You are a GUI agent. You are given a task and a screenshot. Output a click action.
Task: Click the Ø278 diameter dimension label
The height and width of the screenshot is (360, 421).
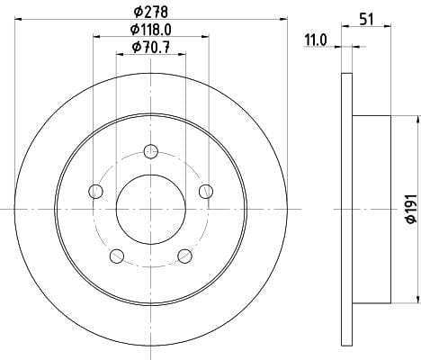151,13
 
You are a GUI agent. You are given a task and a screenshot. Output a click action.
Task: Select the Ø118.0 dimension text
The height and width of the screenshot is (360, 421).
151,30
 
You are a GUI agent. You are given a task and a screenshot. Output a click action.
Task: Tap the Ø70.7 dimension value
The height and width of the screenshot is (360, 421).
151,47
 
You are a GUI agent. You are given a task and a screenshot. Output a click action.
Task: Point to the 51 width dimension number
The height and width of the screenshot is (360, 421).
366,20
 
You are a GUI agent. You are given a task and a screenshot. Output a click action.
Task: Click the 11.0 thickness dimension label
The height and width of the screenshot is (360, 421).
316,40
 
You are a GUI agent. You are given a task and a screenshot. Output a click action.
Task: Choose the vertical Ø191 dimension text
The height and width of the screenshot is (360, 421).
412,209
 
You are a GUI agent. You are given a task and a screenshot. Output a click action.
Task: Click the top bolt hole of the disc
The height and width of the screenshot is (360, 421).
151,151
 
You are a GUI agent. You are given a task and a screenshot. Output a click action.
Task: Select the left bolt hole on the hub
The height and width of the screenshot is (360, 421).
96,192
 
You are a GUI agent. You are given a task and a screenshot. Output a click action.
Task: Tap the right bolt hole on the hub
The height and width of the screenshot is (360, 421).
206,192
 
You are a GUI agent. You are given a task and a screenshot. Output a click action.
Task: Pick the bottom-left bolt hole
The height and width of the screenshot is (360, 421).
117,256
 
